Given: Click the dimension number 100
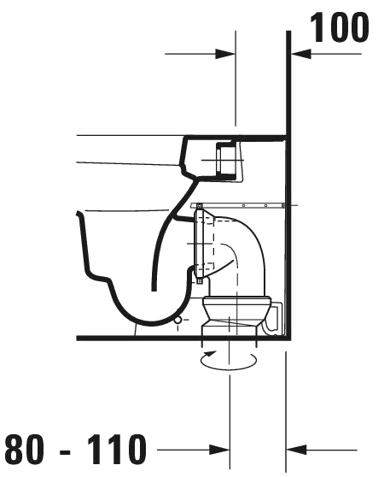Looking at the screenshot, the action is tap(340, 27).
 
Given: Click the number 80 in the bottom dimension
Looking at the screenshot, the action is tap(24, 449).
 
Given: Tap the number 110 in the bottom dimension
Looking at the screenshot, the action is tap(117, 449).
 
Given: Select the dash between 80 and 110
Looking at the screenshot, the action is tap(65, 452).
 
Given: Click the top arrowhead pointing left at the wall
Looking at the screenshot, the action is tap(301, 54).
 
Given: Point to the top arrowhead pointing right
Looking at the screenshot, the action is tap(225, 54).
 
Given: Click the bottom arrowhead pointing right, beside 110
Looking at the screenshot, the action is tap(219, 450).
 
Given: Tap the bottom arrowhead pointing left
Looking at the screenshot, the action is tap(296, 450).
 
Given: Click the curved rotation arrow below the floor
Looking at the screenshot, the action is tap(229, 368).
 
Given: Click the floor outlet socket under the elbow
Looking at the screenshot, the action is tap(236, 316).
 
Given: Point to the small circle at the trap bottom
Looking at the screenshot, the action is tap(177, 320).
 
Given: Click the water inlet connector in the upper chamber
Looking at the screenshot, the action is tap(226, 160).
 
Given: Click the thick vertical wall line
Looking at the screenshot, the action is tap(288, 185).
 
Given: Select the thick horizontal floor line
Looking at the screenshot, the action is tap(182, 338).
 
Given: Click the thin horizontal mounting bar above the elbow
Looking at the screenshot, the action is tap(238, 206).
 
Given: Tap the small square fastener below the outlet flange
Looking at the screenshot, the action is tap(199, 281).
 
